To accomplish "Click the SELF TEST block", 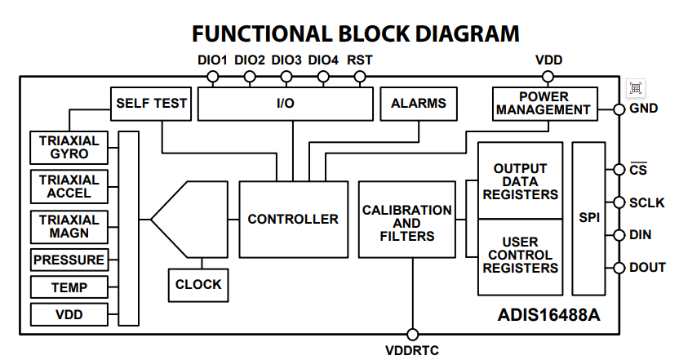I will point(151,104).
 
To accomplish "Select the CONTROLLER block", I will point(292,219).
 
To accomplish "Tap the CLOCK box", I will point(197,284).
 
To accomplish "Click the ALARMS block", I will point(418,104).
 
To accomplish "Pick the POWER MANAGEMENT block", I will point(544,103).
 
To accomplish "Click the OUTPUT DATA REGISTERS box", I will point(520,181).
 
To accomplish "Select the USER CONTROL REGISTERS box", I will point(520,256).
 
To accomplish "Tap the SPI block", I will point(588,219).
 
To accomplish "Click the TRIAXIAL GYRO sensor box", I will point(69,147).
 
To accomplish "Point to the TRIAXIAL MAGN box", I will point(69,226).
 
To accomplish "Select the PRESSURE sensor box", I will point(69,260).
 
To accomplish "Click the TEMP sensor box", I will point(69,287).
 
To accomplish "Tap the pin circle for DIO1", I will point(213,78).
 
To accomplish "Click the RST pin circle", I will point(360,78).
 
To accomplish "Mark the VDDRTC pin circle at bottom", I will point(412,335).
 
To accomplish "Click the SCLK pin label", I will point(647,202).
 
